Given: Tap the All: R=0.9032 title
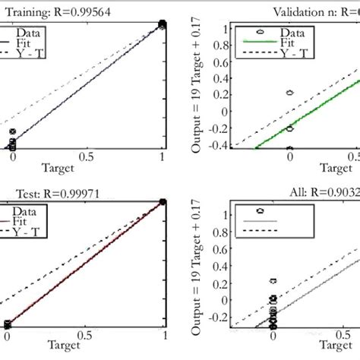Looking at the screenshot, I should pyautogui.click(x=307, y=193).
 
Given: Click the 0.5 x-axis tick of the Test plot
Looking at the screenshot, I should pyautogui.click(x=86, y=334).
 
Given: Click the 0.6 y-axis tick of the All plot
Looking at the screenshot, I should pyautogui.click(x=223, y=241).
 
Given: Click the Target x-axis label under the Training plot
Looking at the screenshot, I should pyautogui.click(x=84, y=169).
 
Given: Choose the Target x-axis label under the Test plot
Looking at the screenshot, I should pyautogui.click(x=84, y=346).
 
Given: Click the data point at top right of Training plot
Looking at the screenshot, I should pyautogui.click(x=163, y=25).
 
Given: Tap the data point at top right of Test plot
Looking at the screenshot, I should pyautogui.click(x=163, y=202).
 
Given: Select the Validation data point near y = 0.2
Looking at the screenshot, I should pyautogui.click(x=289, y=93).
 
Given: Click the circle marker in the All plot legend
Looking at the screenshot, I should pyautogui.click(x=260, y=210).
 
